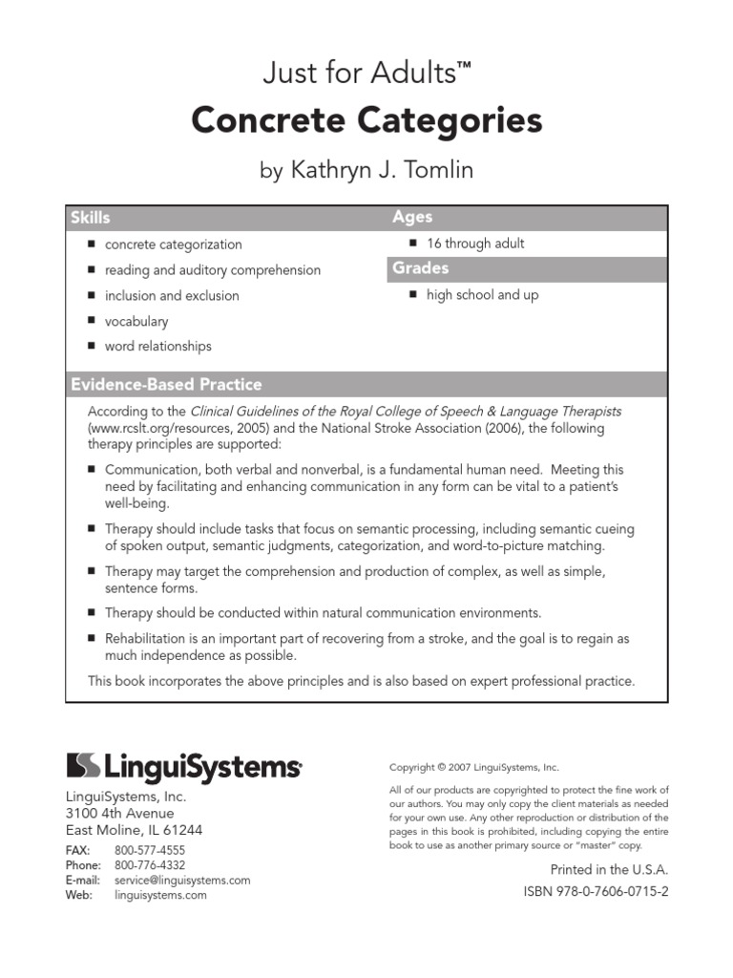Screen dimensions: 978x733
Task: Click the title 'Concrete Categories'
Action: click(x=366, y=121)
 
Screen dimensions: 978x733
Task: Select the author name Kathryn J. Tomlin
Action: click(x=366, y=171)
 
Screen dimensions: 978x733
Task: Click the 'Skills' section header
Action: click(x=91, y=218)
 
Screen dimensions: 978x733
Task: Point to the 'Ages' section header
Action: click(x=412, y=217)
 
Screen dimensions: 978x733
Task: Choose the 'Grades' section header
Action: click(x=420, y=268)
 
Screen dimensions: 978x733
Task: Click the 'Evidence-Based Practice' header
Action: click(x=166, y=385)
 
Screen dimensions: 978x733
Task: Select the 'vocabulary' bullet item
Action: click(x=136, y=322)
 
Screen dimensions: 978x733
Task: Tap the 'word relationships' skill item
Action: click(x=158, y=347)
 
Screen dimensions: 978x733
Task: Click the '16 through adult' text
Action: click(x=475, y=244)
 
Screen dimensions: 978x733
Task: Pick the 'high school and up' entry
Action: click(x=482, y=295)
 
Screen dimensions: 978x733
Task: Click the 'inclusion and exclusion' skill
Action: click(x=172, y=296)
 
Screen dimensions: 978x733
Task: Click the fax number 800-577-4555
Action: click(x=150, y=850)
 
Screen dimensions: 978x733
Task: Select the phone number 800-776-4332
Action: click(x=150, y=865)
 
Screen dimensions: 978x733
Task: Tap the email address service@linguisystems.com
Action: click(x=182, y=881)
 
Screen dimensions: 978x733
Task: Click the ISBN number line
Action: click(x=597, y=892)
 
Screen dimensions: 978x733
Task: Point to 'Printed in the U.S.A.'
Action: click(x=609, y=870)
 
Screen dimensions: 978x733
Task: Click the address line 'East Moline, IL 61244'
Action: click(x=134, y=830)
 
